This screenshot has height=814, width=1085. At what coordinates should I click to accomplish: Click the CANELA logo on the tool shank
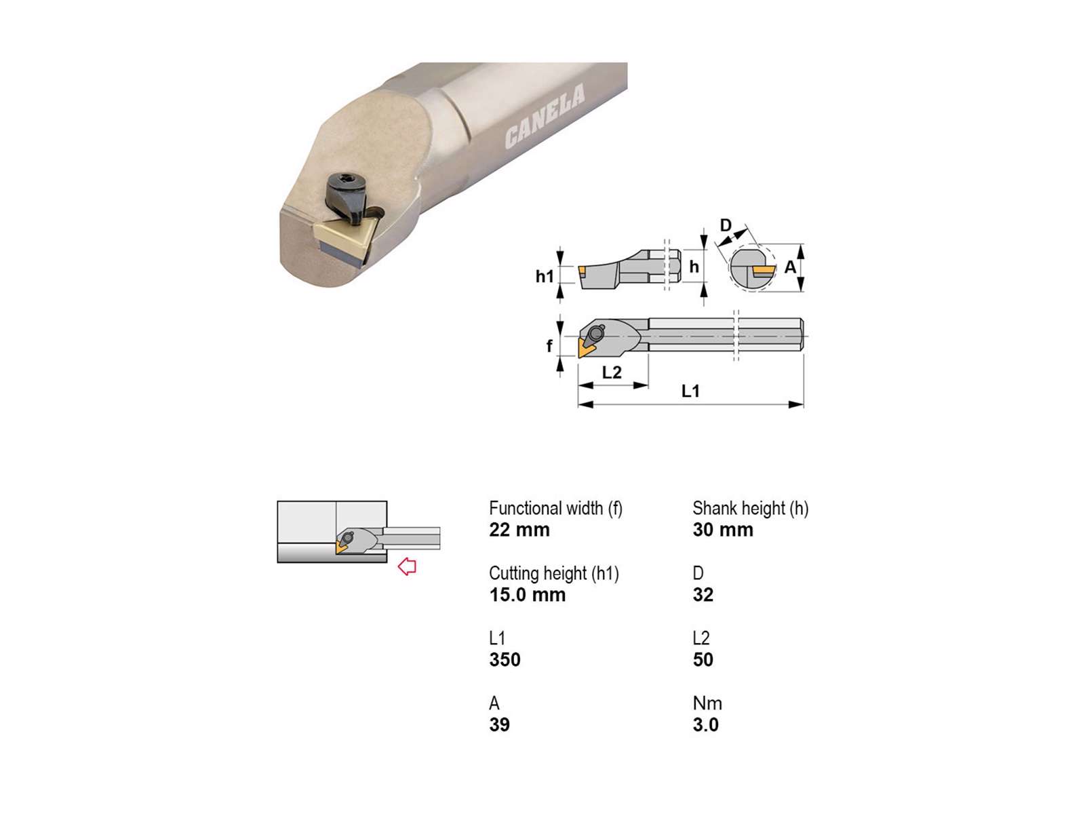click(545, 116)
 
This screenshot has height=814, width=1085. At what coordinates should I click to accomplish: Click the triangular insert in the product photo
click(344, 241)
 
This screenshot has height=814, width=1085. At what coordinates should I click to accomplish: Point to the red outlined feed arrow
click(407, 566)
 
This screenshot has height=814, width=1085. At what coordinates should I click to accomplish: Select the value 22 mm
click(519, 529)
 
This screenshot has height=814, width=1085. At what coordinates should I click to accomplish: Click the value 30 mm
click(723, 529)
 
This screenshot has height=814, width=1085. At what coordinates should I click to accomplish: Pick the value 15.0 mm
click(528, 595)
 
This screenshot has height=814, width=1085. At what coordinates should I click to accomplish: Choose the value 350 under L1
click(505, 660)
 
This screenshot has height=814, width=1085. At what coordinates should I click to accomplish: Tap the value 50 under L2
click(703, 660)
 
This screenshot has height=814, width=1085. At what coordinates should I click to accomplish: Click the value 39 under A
click(499, 724)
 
